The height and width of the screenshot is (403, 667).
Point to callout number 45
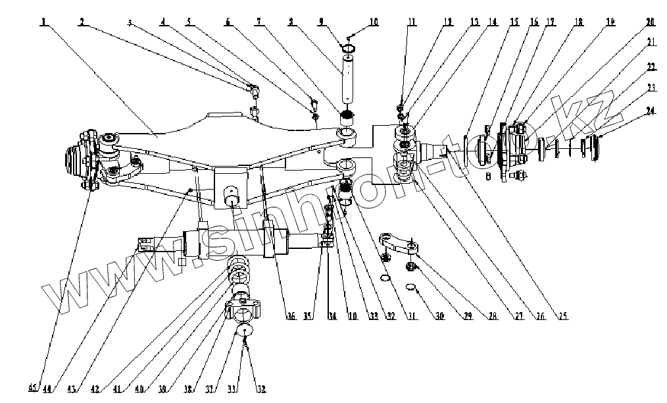tap(33, 387)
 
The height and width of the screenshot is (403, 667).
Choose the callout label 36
tap(290, 317)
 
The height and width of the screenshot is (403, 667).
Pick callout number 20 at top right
tap(650, 22)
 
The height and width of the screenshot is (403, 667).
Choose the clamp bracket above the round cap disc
tap(244, 306)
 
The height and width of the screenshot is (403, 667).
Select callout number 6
tap(228, 22)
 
